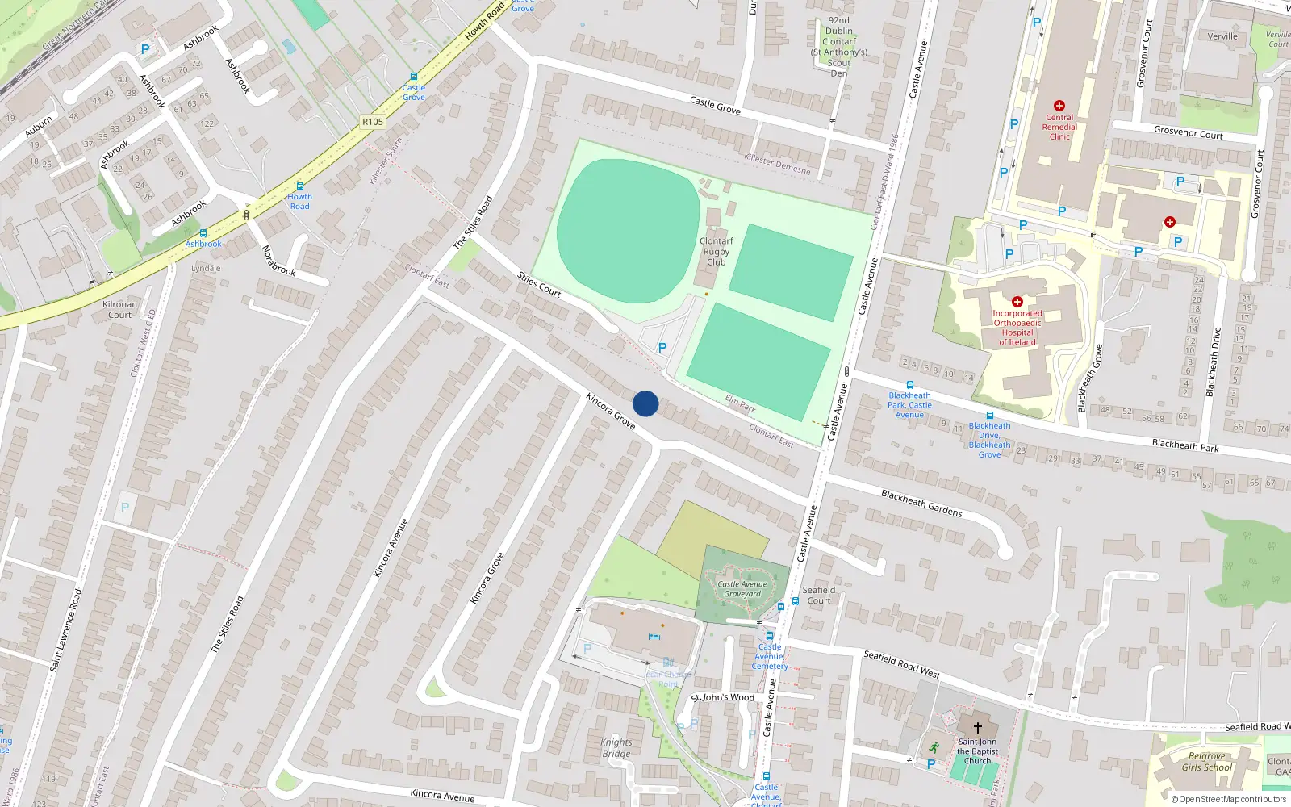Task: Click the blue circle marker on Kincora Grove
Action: click(645, 403)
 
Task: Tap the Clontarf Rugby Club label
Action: click(716, 252)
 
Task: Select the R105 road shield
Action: click(373, 122)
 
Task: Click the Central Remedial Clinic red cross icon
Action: click(1059, 106)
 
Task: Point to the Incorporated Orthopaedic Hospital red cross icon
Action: click(1017, 302)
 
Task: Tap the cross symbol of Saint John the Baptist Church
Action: click(977, 727)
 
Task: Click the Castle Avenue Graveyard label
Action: click(742, 589)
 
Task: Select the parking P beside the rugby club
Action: click(662, 348)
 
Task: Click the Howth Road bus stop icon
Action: click(299, 186)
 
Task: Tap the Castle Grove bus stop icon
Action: click(414, 77)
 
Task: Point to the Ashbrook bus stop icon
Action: click(203, 233)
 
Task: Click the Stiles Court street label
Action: click(539, 285)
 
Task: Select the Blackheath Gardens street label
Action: click(921, 503)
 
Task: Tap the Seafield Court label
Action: click(818, 596)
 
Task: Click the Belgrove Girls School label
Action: click(1207, 762)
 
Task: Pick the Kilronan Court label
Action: click(119, 310)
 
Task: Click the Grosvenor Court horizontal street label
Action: click(1188, 132)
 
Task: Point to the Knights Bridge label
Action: click(616, 748)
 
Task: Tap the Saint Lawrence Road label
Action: click(66, 630)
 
